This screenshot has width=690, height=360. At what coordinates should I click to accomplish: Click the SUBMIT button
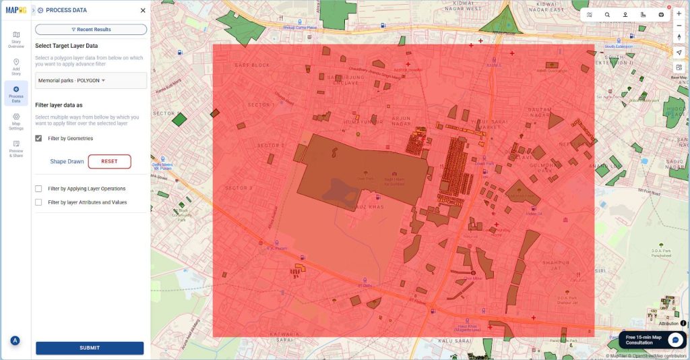pos(90,348)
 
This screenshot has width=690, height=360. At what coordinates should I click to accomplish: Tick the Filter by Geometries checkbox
pos(38,138)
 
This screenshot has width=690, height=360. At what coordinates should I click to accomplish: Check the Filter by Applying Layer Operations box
pos(38,189)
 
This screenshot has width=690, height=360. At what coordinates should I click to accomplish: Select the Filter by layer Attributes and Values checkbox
pos(38,202)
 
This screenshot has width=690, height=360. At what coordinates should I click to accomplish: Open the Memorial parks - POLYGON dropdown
pos(91,80)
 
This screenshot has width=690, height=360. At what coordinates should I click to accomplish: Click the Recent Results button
pos(91,30)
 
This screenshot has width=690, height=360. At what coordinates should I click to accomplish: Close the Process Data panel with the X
pos(142,11)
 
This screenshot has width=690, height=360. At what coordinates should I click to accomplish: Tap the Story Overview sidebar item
pos(16,39)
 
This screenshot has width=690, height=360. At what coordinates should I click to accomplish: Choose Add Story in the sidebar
pos(16,66)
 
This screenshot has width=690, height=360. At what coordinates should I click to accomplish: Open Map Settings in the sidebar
pos(16,121)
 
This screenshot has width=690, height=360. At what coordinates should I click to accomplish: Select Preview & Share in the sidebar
pos(16,148)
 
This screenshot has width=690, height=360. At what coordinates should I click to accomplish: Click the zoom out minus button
pos(679,24)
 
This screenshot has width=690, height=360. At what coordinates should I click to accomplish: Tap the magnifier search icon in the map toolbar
pos(607,15)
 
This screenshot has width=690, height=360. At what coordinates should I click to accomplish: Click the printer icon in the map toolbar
pos(661,15)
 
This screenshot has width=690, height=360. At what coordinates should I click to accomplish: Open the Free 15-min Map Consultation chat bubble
pos(675,340)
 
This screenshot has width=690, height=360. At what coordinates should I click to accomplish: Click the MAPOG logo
pos(15,10)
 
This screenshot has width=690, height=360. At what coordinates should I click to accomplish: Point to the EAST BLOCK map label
pos(252,65)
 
